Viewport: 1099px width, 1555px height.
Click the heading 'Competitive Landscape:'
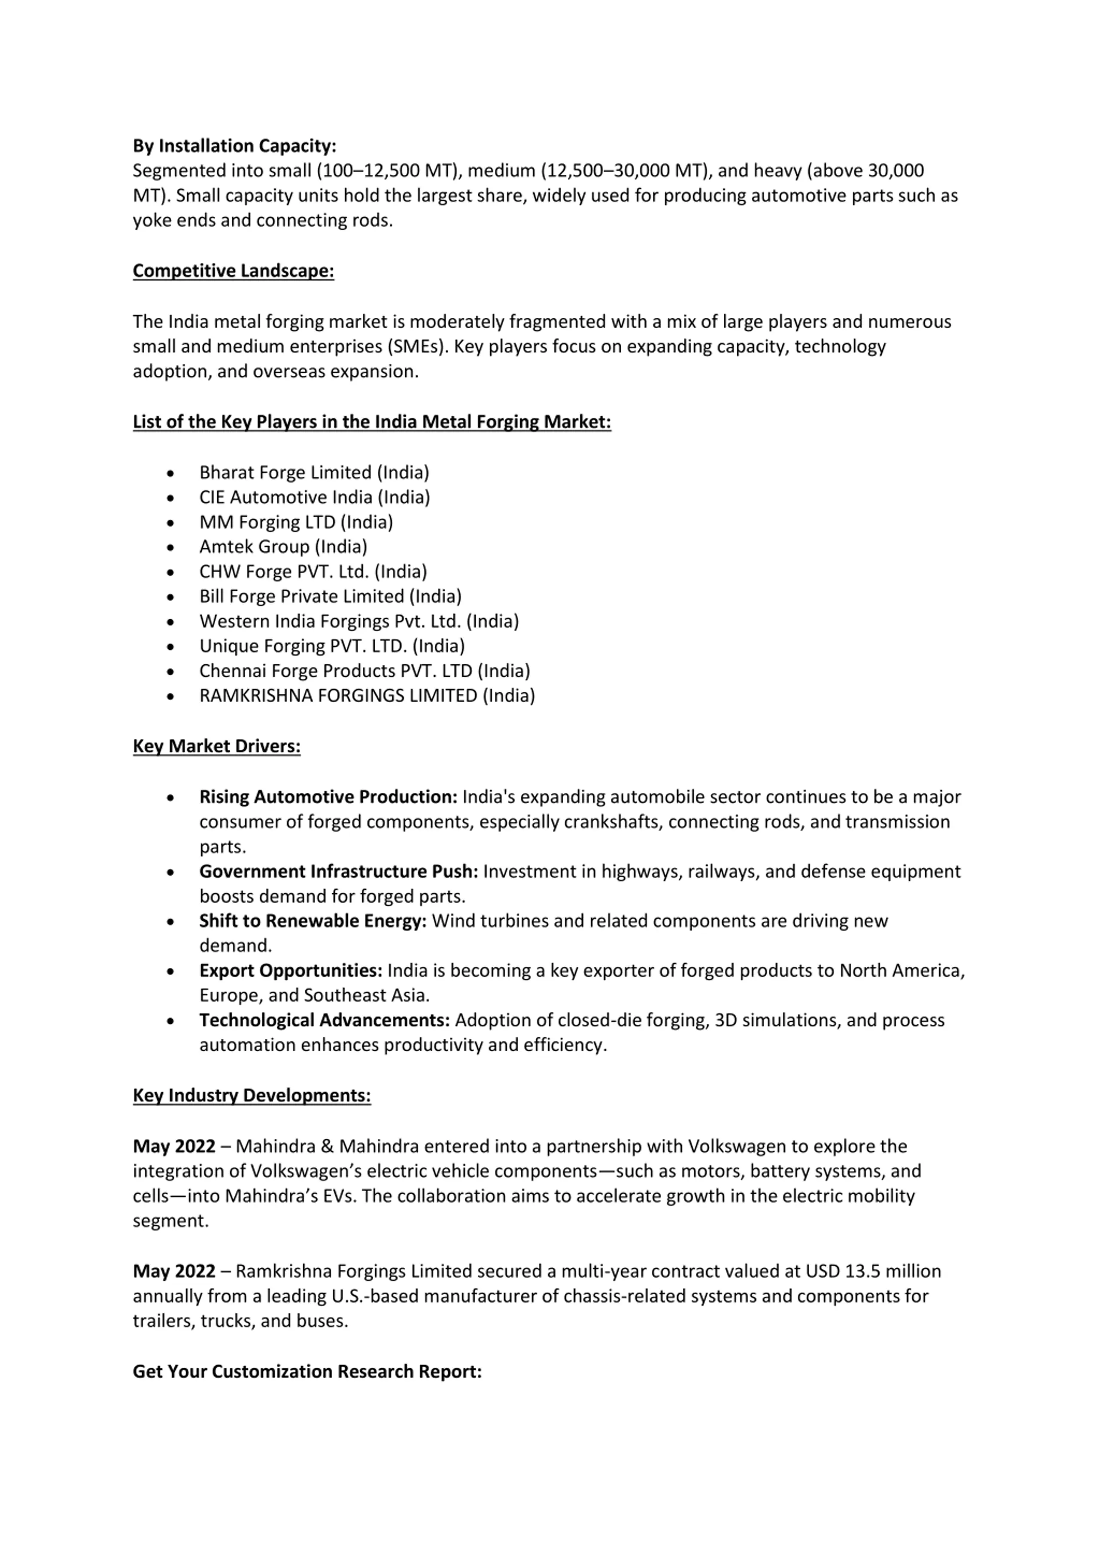click(x=233, y=271)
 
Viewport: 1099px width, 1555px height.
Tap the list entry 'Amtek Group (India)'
click(x=283, y=547)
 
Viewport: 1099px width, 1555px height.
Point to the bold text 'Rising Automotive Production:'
click(x=328, y=797)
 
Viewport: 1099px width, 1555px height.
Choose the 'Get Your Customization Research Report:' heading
click(x=307, y=1372)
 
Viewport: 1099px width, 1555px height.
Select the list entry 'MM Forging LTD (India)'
click(x=296, y=522)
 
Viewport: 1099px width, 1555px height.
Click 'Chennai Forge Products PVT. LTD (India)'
click(x=364, y=671)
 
